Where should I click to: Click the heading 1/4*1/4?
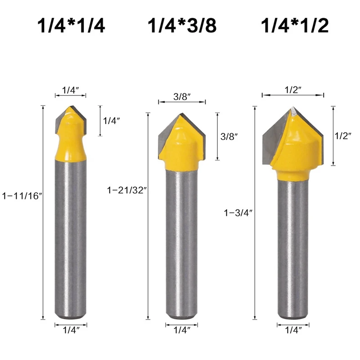71,26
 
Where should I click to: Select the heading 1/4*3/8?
182,26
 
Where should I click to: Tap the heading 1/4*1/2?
295,26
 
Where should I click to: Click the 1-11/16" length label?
22,196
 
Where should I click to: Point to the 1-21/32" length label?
127,190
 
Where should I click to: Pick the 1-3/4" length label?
238,213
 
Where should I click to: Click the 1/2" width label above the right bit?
293,90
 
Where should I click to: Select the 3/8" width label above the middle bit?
182,97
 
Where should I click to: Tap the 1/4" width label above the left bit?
71,90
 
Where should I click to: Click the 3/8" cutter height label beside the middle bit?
229,137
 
